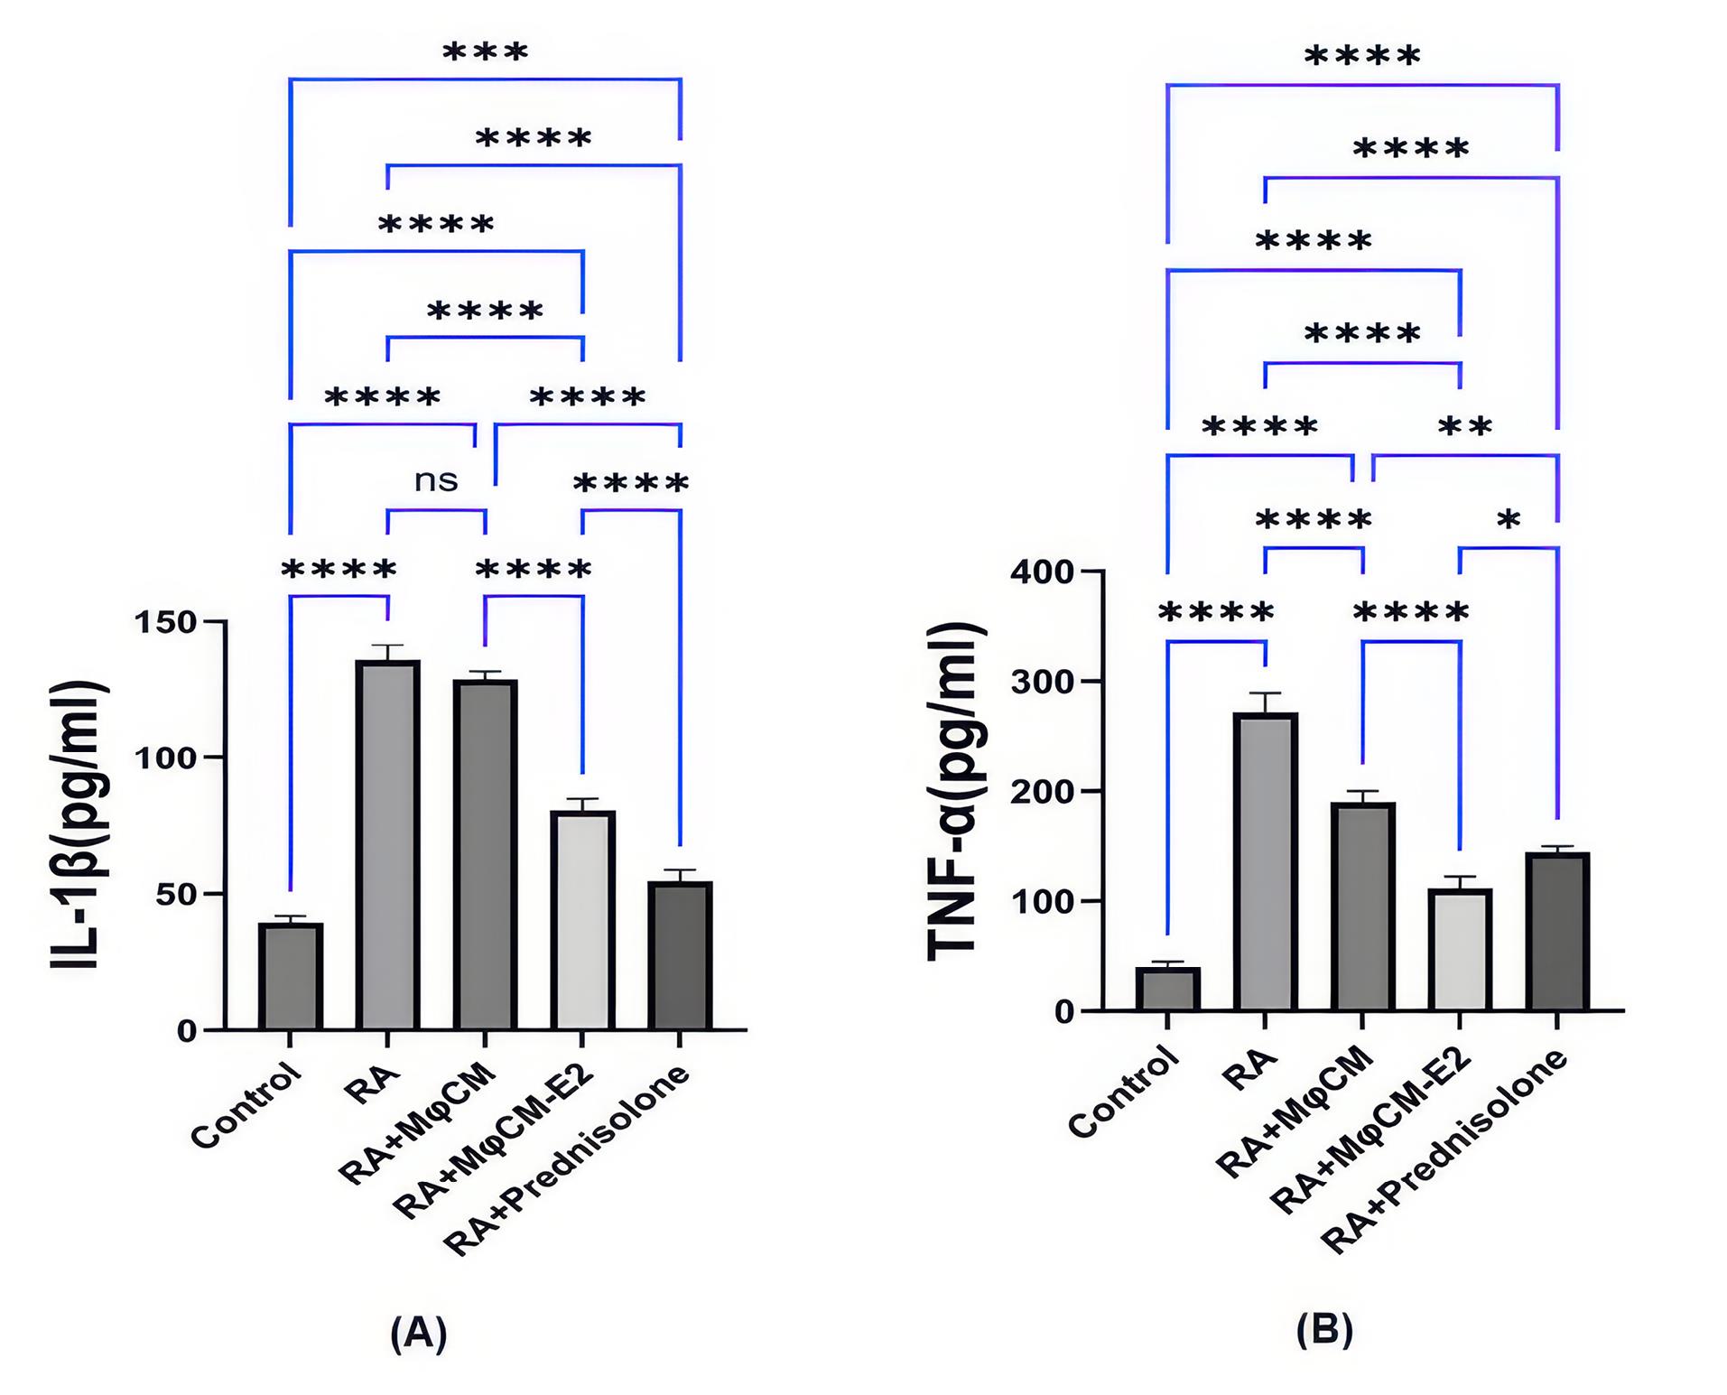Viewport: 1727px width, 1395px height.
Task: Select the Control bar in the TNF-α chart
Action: click(x=1167, y=989)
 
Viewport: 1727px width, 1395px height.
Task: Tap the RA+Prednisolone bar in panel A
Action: click(x=680, y=955)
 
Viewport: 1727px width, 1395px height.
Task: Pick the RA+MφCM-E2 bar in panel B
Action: click(x=1460, y=950)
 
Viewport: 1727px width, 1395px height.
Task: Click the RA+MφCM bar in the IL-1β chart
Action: click(x=486, y=854)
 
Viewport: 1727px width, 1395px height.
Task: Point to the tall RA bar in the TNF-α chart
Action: click(x=1265, y=861)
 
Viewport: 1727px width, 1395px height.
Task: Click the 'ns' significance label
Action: click(x=436, y=480)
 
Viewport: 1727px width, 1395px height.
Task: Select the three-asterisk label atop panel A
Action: click(x=485, y=51)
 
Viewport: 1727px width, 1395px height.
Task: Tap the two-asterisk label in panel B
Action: click(x=1464, y=425)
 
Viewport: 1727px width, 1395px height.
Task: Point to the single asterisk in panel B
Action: click(x=1509, y=519)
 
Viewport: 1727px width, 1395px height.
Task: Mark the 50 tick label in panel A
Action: click(x=175, y=894)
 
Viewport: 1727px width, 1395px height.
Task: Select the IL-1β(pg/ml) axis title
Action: click(x=79, y=825)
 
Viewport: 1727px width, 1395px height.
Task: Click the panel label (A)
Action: click(x=418, y=1333)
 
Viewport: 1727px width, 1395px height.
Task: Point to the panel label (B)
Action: click(x=1324, y=1329)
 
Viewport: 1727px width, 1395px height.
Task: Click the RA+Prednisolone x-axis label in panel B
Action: click(x=1444, y=1150)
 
